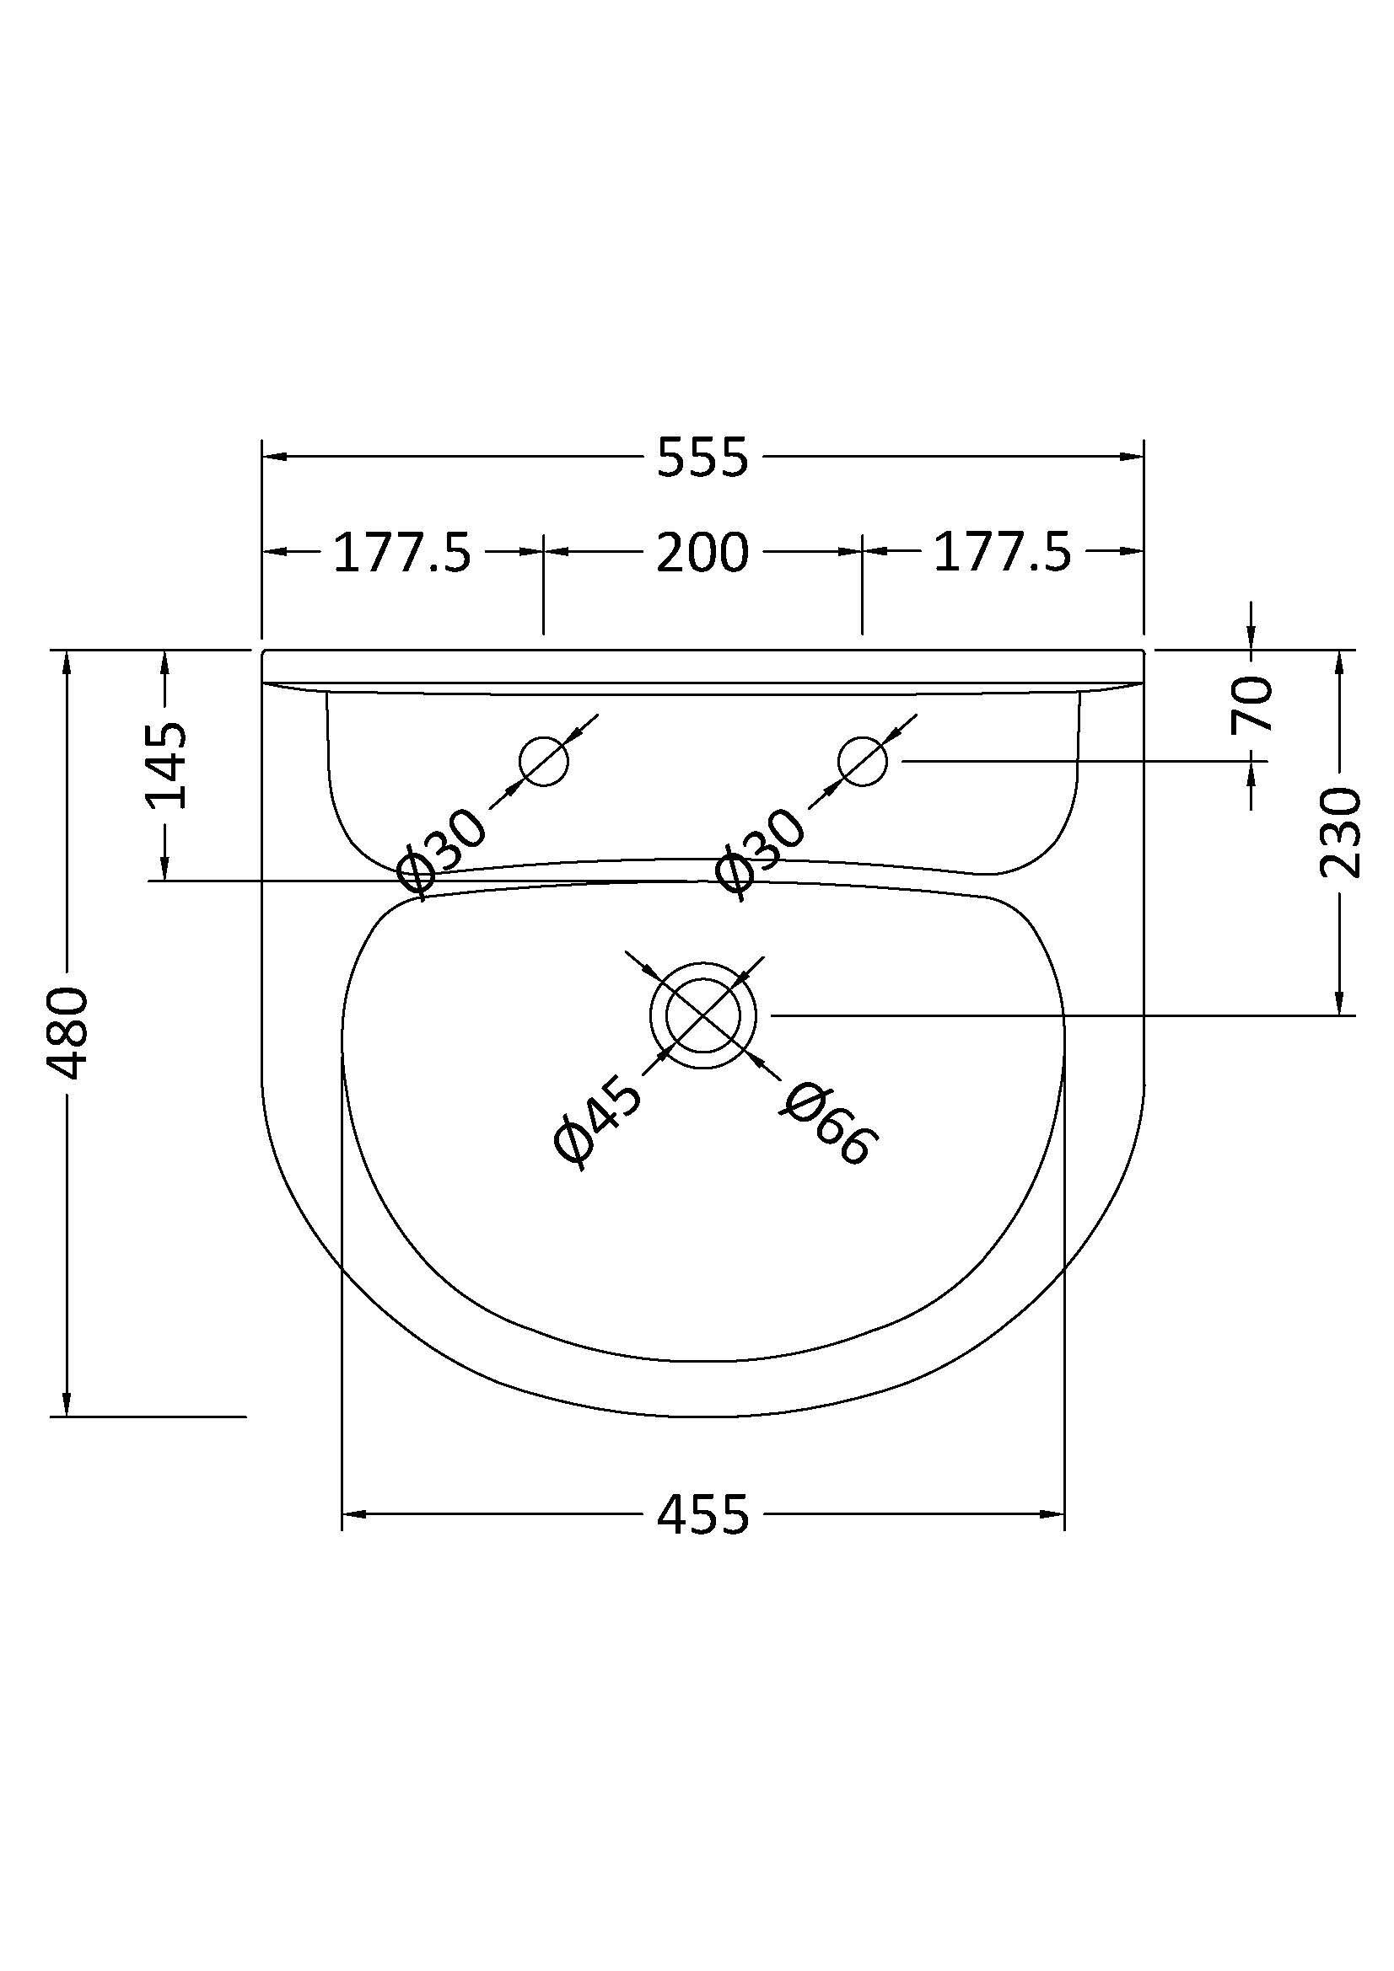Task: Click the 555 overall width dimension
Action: tap(702, 457)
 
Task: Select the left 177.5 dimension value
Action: tap(402, 552)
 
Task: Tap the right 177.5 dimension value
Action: tap(1003, 552)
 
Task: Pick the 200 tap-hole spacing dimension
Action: tap(702, 552)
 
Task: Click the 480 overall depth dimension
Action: tap(67, 1034)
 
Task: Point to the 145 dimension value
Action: tap(165, 767)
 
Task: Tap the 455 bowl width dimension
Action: tap(702, 1515)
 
